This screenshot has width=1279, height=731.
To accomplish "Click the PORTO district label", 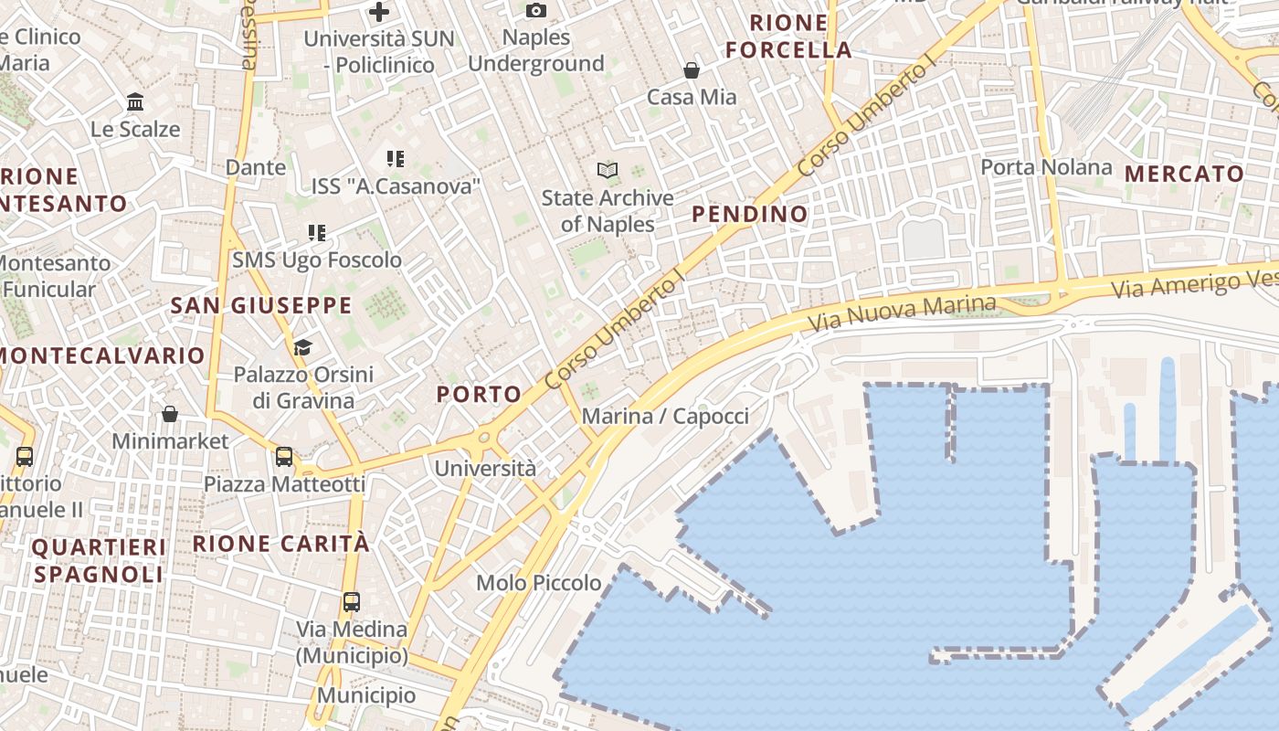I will point(479,395).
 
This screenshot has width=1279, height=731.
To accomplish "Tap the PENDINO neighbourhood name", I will point(749,215).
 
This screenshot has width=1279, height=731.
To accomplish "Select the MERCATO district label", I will point(1184,174).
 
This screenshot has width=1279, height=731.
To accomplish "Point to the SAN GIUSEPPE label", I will point(261,305).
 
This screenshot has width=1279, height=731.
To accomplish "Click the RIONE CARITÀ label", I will point(281,544).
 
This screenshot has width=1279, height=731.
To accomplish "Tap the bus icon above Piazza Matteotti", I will point(284,456).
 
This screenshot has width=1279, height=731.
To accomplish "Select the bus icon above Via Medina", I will point(352,602).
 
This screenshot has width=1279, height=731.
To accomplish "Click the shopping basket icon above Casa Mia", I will point(692,70).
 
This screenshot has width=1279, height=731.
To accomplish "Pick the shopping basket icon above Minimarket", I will point(170,414).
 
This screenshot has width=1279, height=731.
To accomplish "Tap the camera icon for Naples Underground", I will point(536,11).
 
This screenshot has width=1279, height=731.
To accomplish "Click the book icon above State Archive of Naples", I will point(608,170).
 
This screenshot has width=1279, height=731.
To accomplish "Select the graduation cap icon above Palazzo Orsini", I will point(302,347).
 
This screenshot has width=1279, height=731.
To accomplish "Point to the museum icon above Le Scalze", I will point(135,102).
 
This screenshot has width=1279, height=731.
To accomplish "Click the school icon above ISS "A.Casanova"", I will point(396,159).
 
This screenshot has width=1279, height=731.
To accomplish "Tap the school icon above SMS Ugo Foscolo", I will point(316,233).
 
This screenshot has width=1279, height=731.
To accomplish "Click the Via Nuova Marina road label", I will point(902,313).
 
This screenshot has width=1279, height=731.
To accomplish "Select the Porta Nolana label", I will point(1046,167).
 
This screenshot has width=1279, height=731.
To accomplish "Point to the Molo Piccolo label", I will point(539,583).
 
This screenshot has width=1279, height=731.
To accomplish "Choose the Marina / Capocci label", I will point(665,417).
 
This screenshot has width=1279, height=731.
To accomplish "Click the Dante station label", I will point(256,167).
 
